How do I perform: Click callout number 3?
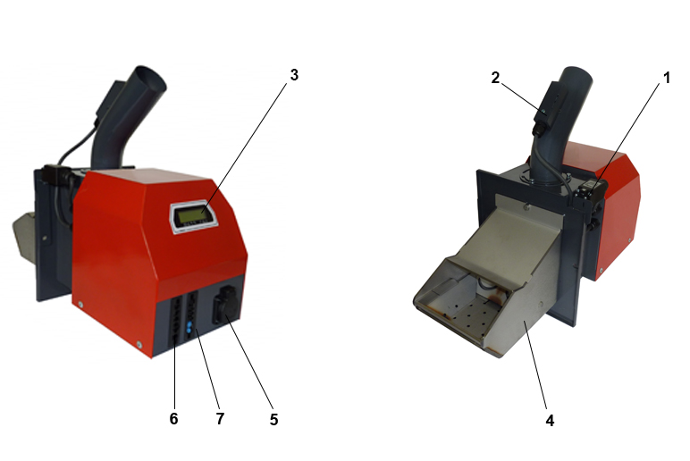(x=294, y=75)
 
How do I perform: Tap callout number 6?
(x=173, y=418)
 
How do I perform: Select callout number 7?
(x=220, y=418)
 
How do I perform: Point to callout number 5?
(x=273, y=420)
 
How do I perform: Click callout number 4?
(x=550, y=421)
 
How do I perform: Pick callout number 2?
(x=495, y=78)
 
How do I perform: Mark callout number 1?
(x=667, y=78)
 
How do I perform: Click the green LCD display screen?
(x=192, y=215)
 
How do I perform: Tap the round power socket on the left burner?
(x=226, y=303)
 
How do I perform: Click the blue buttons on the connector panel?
(x=189, y=327)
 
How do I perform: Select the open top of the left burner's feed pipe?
(x=150, y=78)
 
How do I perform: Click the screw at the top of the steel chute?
(x=526, y=205)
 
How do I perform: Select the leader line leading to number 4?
(x=534, y=365)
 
